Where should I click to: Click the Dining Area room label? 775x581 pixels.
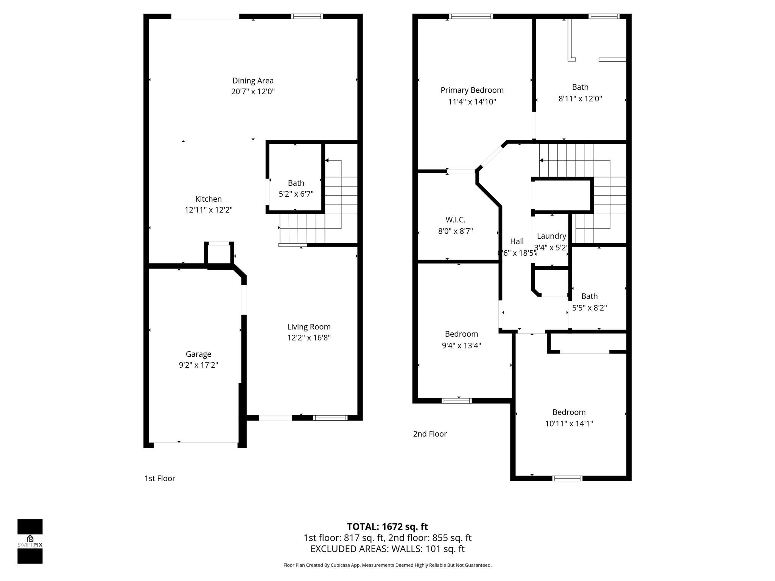[x=253, y=81]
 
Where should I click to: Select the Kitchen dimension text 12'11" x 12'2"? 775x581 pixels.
[x=209, y=210]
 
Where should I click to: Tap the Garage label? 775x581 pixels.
[x=198, y=354]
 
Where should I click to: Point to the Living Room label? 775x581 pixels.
[x=309, y=327]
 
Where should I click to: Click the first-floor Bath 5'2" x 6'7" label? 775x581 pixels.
[x=296, y=183]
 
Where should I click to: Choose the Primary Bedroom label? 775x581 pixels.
[x=472, y=90]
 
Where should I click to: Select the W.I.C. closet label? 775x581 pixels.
[x=455, y=220]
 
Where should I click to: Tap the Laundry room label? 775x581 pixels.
[x=551, y=236]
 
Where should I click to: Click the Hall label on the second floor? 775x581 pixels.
[x=517, y=241]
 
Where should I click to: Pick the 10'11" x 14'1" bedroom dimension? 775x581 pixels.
[x=569, y=424]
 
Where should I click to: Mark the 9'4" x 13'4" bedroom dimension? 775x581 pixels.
[x=461, y=345]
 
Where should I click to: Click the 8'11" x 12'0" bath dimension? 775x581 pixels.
[x=580, y=99]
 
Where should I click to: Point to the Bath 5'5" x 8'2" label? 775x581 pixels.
[x=589, y=296]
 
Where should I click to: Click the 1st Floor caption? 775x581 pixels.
[x=160, y=478]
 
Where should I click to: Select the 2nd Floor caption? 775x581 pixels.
[x=430, y=434]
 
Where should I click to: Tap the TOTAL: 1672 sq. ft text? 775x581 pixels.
[x=387, y=527]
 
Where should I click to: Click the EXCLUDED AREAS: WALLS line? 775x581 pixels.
[x=387, y=549]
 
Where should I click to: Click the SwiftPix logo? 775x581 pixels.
[x=30, y=541]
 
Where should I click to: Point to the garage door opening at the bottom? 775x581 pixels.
[x=196, y=442]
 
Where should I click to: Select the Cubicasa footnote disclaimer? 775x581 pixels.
[x=387, y=565]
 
